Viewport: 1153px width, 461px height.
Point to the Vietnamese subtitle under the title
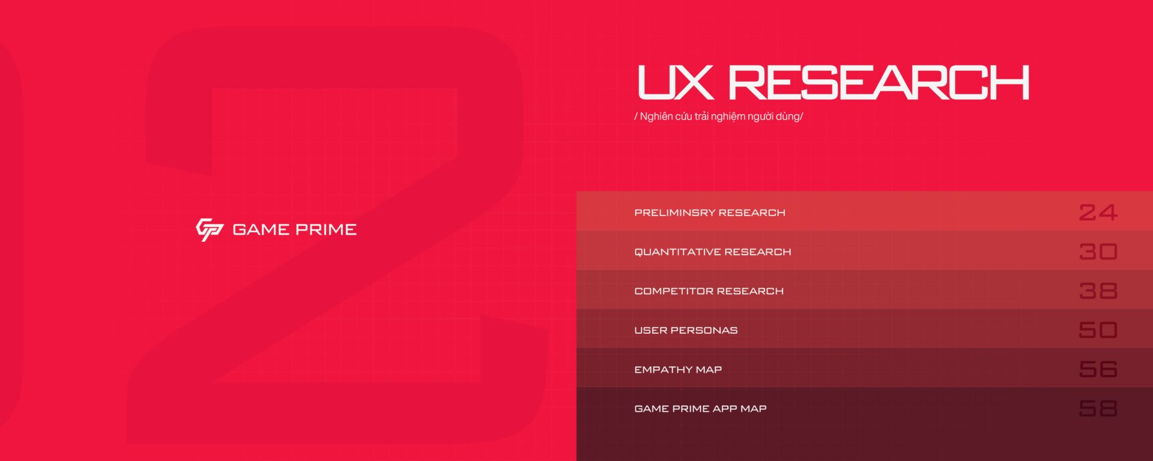[718, 116]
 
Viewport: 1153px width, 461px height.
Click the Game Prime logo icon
[210, 229]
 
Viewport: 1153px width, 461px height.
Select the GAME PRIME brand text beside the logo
[294, 229]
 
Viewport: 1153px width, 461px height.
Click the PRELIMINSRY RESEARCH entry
[710, 212]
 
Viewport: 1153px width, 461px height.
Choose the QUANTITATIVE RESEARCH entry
[713, 252]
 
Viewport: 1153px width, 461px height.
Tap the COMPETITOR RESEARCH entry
[709, 291]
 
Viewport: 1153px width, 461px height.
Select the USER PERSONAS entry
[686, 330]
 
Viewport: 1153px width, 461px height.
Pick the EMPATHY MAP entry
[678, 370]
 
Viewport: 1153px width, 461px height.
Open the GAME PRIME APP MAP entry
[700, 409]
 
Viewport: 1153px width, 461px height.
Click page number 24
[1098, 212]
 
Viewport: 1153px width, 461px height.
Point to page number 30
[1098, 252]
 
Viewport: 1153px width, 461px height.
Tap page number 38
[1098, 291]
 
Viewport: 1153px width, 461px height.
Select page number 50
[1098, 330]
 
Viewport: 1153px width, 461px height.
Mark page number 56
[1098, 370]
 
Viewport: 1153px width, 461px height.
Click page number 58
[1098, 409]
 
